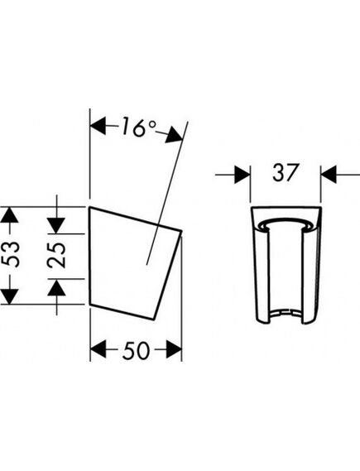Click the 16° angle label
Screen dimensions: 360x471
click(x=139, y=128)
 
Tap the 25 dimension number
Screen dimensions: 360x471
click(x=56, y=255)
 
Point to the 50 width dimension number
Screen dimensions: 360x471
click(x=136, y=350)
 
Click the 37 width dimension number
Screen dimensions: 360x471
click(x=286, y=172)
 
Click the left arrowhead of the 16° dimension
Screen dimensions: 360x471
click(x=98, y=126)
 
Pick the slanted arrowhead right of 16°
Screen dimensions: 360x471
click(x=174, y=136)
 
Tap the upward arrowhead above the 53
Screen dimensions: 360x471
click(x=10, y=215)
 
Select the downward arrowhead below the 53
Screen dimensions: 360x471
click(x=10, y=296)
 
